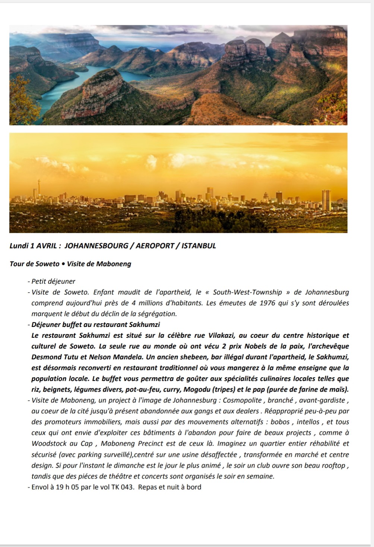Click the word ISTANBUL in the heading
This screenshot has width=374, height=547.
coord(199,246)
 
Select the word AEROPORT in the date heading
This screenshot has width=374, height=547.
coord(155,246)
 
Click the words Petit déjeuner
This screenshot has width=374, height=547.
coord(53,282)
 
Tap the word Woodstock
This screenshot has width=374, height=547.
coord(48,444)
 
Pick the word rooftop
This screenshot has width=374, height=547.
coord(333,465)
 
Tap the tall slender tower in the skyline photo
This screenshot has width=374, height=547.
coord(39,190)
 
